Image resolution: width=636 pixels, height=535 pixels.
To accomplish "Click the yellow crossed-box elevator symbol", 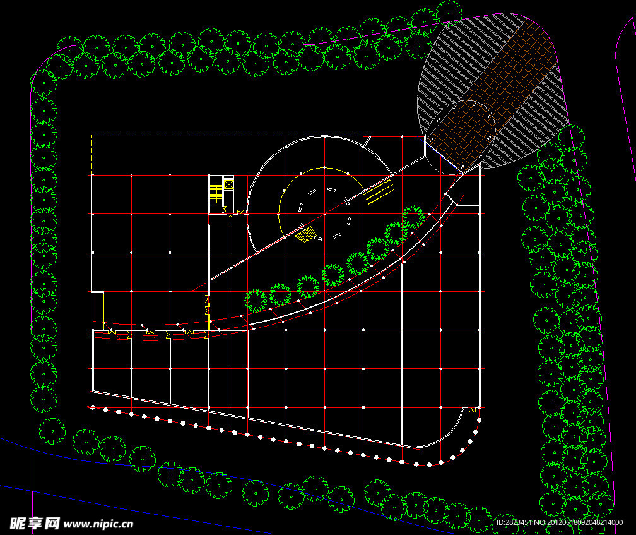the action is (x=228, y=185).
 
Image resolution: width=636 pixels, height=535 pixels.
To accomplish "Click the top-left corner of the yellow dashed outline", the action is (x=92, y=135).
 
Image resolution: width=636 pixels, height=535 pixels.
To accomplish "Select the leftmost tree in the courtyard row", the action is (x=256, y=301).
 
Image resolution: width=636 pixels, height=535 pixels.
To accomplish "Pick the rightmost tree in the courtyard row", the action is (x=413, y=217).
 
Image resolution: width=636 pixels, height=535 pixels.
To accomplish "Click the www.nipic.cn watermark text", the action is (x=98, y=524).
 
